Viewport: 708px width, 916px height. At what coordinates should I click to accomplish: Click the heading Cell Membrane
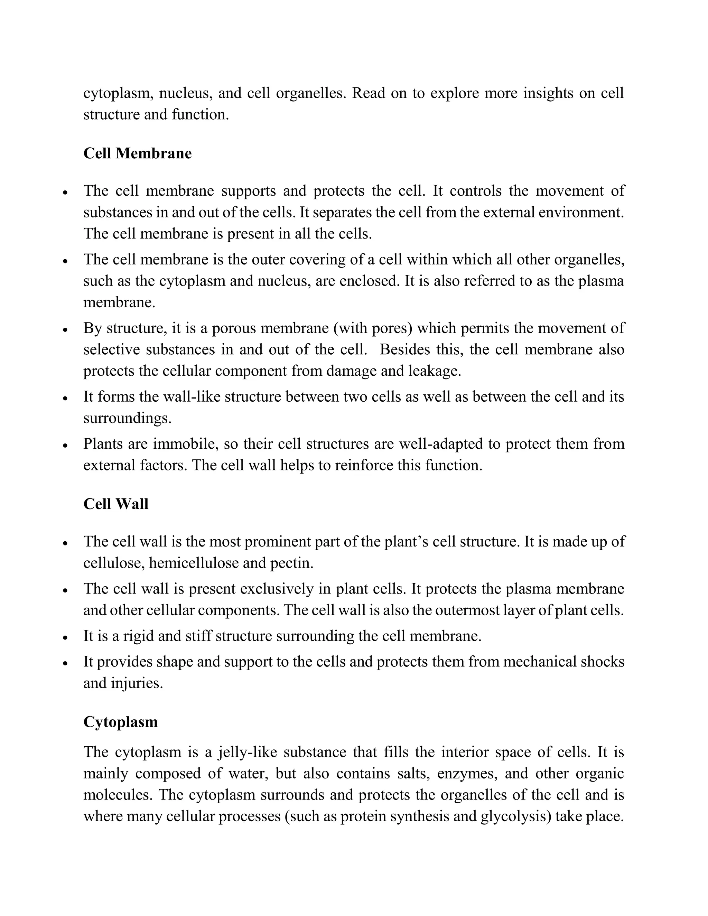tap(137, 153)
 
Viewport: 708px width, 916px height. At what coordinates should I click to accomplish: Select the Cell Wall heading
tap(116, 504)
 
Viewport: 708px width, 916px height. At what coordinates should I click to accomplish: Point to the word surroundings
tap(127, 418)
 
